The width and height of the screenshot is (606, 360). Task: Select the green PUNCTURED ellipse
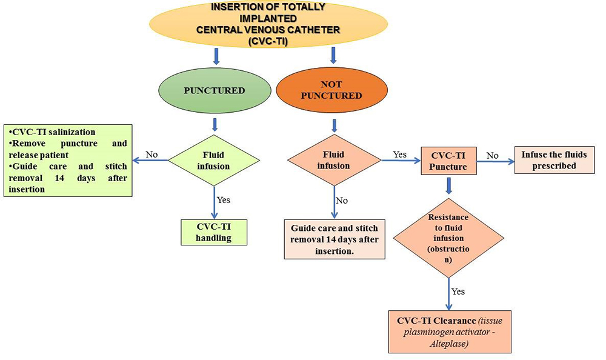pyautogui.click(x=214, y=91)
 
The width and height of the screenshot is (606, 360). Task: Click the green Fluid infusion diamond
pyautogui.click(x=214, y=160)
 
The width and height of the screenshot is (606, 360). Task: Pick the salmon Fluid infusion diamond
pyautogui.click(x=335, y=160)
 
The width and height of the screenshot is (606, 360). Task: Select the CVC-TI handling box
pyautogui.click(x=214, y=232)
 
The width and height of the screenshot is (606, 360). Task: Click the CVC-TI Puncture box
pyautogui.click(x=448, y=161)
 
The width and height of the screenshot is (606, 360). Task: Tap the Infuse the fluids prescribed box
pyautogui.click(x=554, y=160)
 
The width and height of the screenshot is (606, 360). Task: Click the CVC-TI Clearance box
pyautogui.click(x=450, y=331)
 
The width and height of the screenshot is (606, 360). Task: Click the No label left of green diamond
pyautogui.click(x=151, y=154)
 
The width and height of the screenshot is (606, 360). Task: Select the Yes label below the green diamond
pyautogui.click(x=224, y=199)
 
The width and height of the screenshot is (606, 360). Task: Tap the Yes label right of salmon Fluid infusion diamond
pyautogui.click(x=399, y=154)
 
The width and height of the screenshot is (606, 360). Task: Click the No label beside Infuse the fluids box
pyautogui.click(x=492, y=155)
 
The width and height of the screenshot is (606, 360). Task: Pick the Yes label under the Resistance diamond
pyautogui.click(x=458, y=292)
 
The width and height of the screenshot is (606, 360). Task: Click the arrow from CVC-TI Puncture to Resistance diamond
pyautogui.click(x=448, y=186)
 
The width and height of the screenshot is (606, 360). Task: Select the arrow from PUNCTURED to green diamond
pyautogui.click(x=214, y=124)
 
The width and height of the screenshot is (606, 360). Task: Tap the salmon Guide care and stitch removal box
pyautogui.click(x=335, y=239)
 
